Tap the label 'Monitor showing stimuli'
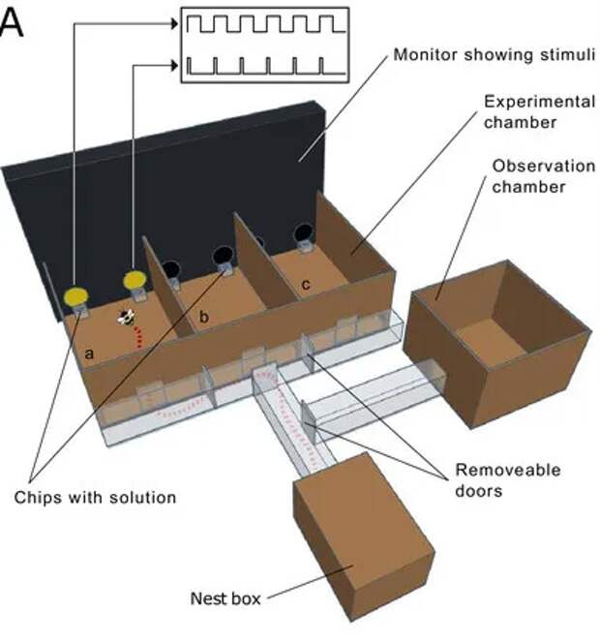coord(492,54)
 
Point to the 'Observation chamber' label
coord(527,175)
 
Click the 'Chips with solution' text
coord(96,497)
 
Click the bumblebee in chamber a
coord(126,317)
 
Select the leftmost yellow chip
coord(75,292)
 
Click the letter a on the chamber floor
coord(89,354)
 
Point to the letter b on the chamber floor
coord(204,317)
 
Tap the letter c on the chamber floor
coord(306,284)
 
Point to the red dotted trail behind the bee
coord(143,338)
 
